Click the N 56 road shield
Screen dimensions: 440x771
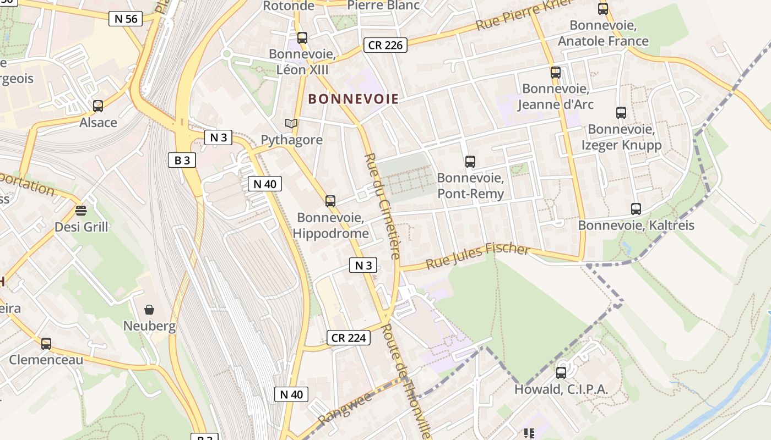click(126, 19)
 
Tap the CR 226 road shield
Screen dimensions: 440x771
click(385, 45)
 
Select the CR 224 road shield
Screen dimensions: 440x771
click(349, 338)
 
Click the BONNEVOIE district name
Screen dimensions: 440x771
click(354, 99)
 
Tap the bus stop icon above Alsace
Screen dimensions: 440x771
click(98, 106)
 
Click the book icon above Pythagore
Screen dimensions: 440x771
click(291, 124)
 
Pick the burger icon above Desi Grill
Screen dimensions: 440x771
click(81, 210)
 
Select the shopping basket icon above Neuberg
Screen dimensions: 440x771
click(149, 310)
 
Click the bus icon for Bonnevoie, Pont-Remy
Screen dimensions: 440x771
click(470, 162)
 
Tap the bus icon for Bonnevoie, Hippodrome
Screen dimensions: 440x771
click(330, 201)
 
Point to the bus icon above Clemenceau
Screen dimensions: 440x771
click(46, 344)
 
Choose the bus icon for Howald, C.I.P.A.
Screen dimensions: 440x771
click(561, 373)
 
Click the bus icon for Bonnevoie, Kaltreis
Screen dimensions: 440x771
click(636, 209)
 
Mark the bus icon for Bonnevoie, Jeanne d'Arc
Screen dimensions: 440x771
click(556, 73)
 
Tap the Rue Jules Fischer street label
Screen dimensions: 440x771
click(477, 255)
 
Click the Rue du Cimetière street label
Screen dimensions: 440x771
click(381, 206)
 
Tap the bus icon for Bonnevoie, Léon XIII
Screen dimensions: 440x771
click(302, 38)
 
